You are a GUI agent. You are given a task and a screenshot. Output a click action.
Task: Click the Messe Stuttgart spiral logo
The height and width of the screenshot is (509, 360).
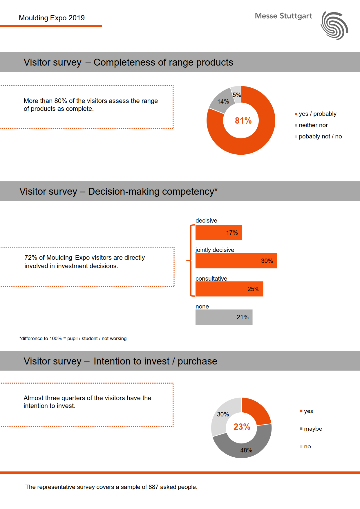point(334,26)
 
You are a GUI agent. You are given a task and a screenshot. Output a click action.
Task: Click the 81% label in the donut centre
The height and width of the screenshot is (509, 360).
point(243,121)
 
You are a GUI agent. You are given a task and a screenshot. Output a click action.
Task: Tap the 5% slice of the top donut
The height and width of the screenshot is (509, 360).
point(236,94)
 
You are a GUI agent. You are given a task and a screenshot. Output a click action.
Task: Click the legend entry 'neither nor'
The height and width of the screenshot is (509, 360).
point(313,125)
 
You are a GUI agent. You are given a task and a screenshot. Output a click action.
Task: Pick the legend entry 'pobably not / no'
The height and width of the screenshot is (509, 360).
point(320,136)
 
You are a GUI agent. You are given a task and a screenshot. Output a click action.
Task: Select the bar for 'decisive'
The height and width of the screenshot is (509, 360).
point(218,233)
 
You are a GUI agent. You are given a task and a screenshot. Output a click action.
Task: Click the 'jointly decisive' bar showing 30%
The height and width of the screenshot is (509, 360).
point(236,261)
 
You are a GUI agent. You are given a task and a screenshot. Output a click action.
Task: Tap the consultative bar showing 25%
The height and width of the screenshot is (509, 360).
point(229,289)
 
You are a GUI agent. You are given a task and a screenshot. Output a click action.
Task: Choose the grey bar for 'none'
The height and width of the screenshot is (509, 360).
point(224,317)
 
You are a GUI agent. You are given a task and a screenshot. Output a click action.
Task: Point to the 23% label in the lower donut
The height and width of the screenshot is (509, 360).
point(242,427)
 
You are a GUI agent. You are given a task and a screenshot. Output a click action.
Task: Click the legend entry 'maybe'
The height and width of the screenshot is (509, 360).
point(313,429)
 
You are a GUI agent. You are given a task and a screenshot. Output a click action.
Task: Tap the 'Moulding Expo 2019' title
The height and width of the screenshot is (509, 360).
point(52,18)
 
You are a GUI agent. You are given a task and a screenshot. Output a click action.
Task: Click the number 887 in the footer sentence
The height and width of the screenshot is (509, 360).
point(153,487)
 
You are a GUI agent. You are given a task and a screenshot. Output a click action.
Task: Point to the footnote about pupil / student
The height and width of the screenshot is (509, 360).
point(73,338)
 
